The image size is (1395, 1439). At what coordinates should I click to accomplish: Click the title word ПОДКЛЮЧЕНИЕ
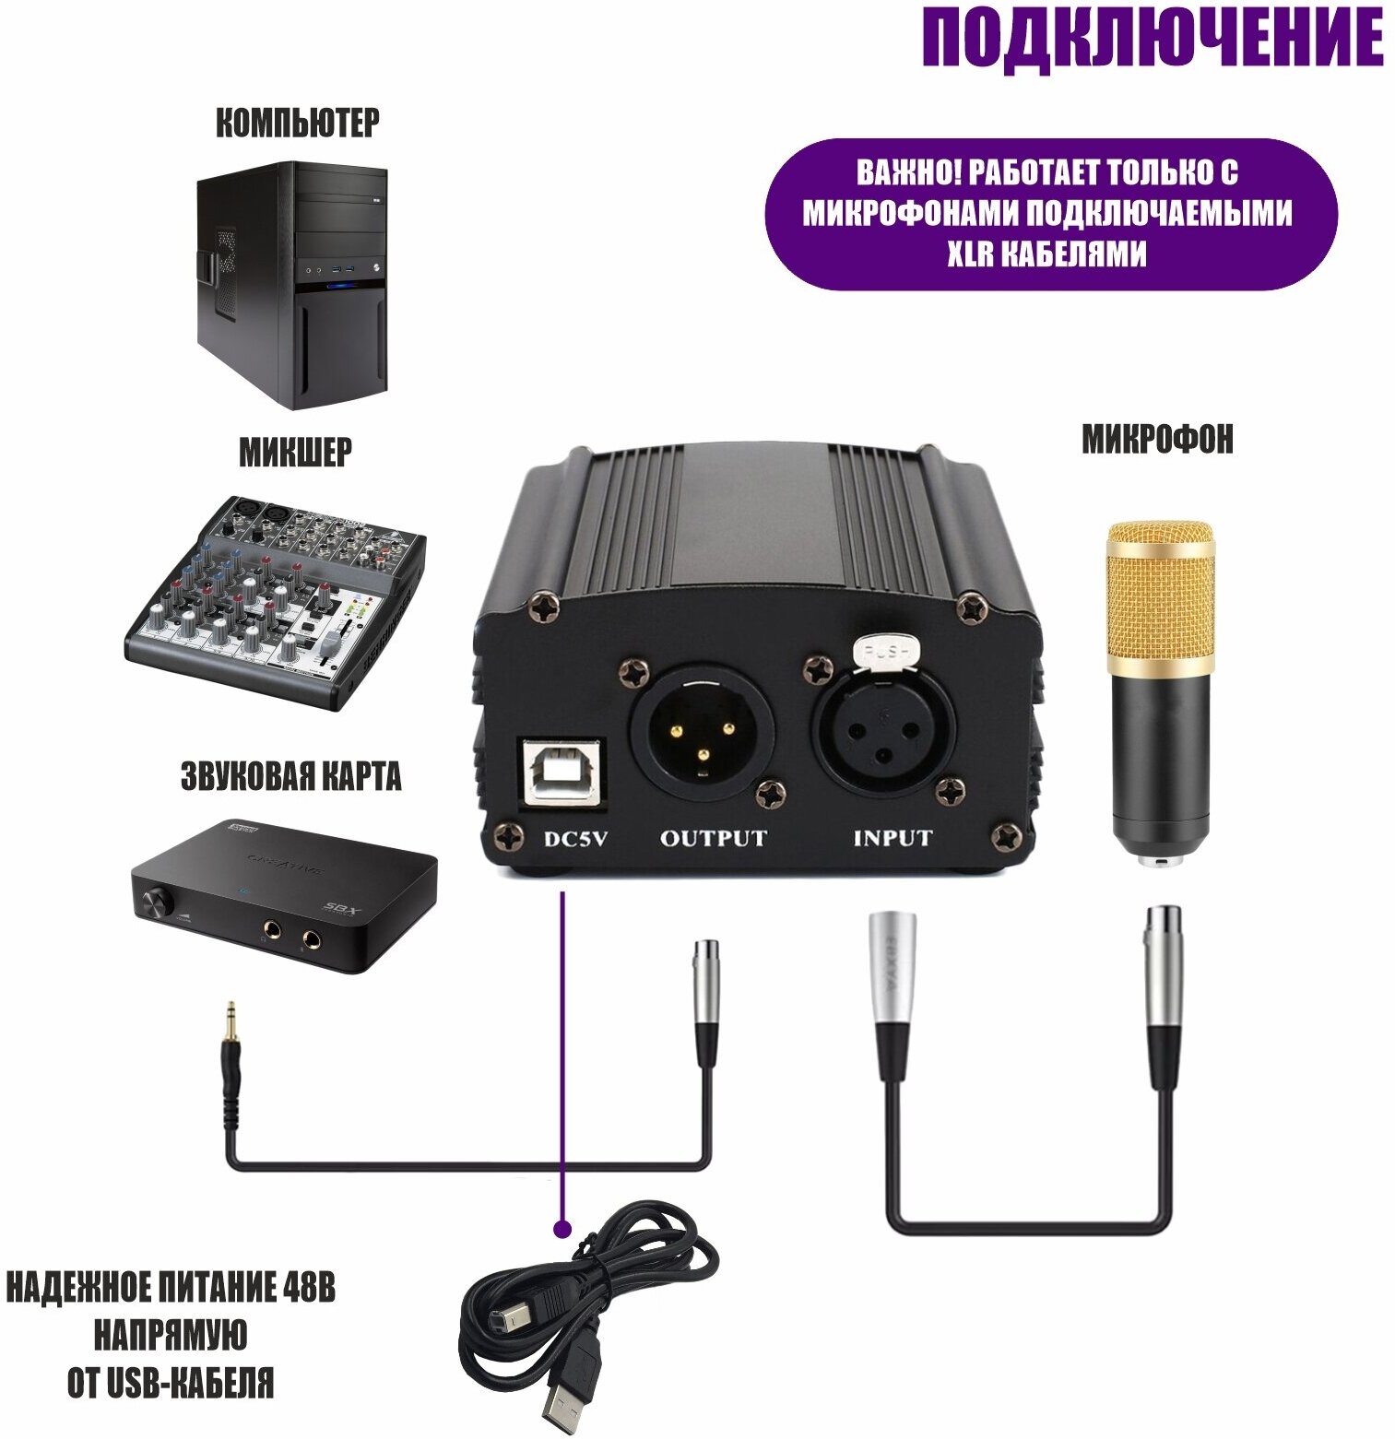coord(1152,39)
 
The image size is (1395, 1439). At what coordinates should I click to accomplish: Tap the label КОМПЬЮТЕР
coord(297,123)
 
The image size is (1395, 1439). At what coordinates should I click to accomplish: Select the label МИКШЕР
coord(295,453)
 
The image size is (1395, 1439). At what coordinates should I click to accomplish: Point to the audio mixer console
coord(275,599)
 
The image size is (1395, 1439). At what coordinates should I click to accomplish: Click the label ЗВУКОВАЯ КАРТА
coord(290,776)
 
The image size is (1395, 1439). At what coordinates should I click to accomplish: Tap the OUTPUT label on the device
coord(713,839)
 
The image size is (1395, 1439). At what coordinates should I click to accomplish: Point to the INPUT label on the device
coord(892,839)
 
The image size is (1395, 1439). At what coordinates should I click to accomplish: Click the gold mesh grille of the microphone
coord(1161,590)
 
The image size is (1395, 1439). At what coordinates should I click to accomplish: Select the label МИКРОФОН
coord(1157,440)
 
